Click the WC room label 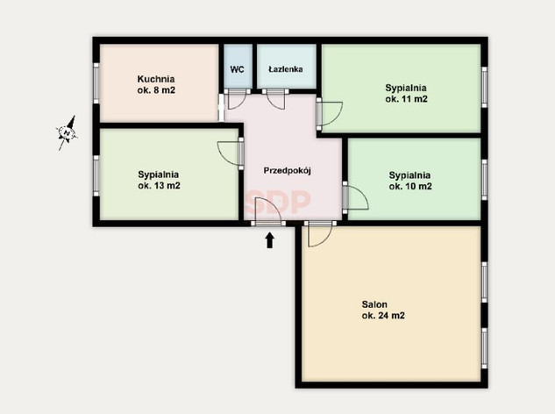tap(237, 69)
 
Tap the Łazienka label tap(286, 69)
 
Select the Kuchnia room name tap(156, 79)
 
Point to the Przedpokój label tap(287, 171)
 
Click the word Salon tap(374, 304)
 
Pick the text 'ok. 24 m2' tap(383, 316)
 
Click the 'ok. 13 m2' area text tap(159, 186)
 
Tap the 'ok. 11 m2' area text tap(406, 99)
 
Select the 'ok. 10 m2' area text tap(410, 186)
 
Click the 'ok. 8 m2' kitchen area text tap(156, 90)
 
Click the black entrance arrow tap(270, 240)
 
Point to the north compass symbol tap(67, 132)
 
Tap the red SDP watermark tap(278, 203)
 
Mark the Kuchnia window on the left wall tap(96, 83)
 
